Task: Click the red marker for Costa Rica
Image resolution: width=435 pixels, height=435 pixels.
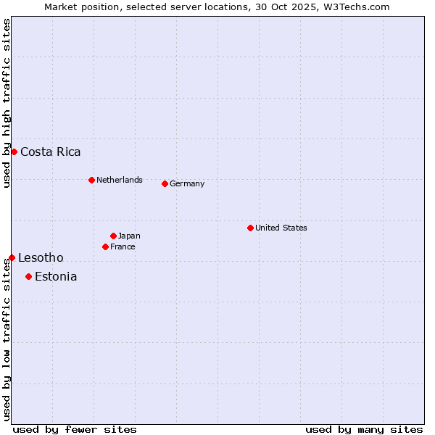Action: click(x=14, y=152)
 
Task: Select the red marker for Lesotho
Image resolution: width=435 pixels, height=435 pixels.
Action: click(x=12, y=257)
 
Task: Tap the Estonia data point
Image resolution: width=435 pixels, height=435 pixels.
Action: click(x=28, y=276)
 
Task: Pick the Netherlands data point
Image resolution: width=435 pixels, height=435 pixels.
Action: click(x=91, y=180)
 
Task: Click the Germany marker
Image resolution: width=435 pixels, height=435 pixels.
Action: click(x=165, y=183)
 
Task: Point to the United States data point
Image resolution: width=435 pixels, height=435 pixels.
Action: click(x=250, y=228)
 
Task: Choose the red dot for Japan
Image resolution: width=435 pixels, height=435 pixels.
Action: click(x=113, y=236)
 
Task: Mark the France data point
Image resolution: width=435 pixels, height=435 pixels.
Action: click(x=105, y=246)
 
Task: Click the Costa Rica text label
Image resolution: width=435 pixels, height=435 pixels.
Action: click(x=51, y=152)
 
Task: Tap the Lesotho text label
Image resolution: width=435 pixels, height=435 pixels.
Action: click(x=41, y=257)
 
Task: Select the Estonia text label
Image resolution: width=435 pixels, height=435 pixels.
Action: click(x=56, y=276)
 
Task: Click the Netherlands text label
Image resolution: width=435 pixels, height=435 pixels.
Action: click(x=120, y=180)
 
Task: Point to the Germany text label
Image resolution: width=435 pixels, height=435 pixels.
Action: click(x=187, y=183)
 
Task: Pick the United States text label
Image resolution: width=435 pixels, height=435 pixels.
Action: click(x=281, y=228)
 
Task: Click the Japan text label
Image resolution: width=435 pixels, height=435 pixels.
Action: click(x=129, y=236)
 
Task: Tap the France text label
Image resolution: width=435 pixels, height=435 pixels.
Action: click(x=123, y=246)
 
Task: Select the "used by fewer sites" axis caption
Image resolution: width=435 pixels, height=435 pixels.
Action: click(x=75, y=429)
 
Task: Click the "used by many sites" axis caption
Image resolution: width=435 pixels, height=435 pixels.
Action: click(x=364, y=429)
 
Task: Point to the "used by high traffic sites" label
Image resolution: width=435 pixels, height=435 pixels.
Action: click(x=7, y=103)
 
